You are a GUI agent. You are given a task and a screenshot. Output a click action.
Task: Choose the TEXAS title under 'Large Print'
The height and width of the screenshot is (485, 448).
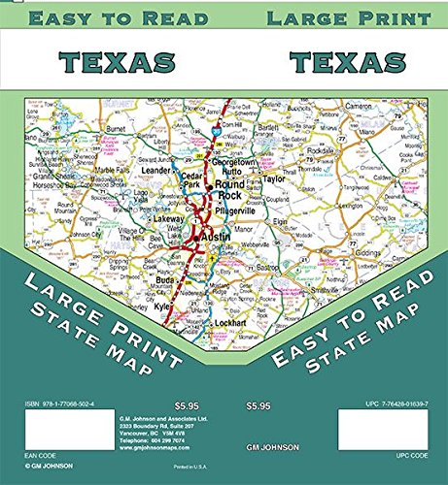(x=346, y=62)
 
